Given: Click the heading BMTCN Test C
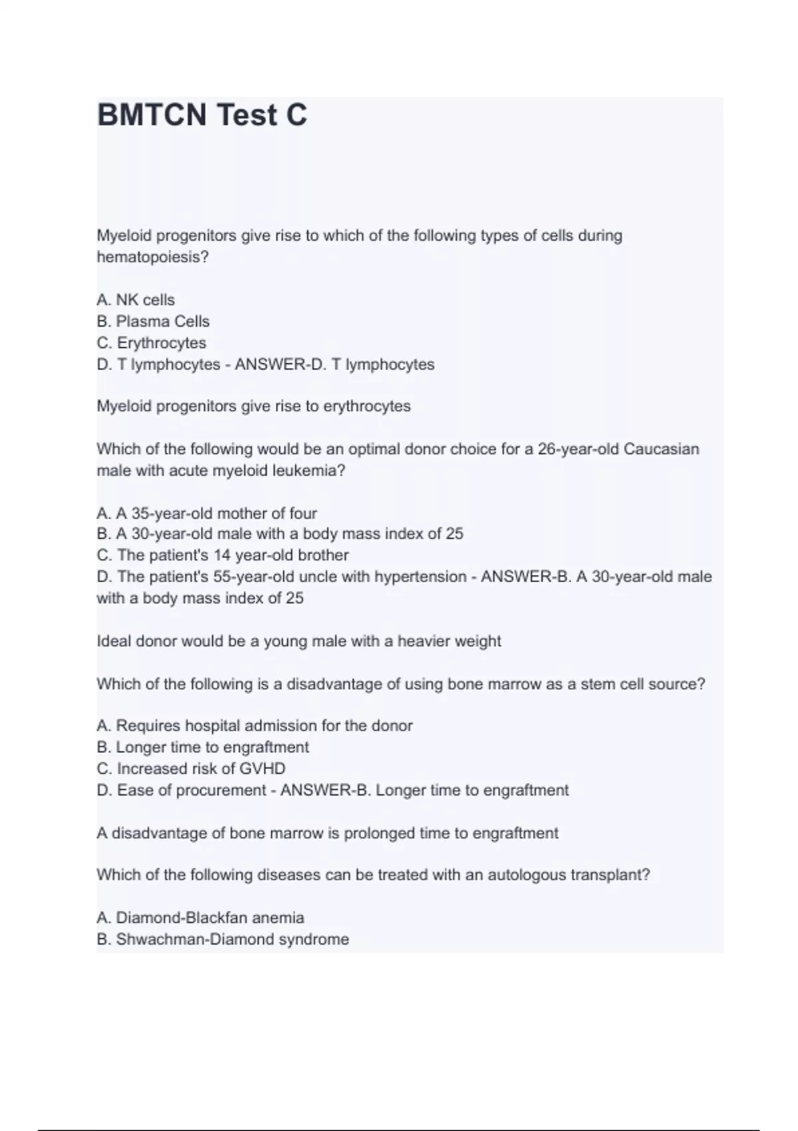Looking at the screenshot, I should [x=202, y=115].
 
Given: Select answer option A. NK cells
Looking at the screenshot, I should [x=136, y=300].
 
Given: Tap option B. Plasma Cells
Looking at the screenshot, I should [x=153, y=321].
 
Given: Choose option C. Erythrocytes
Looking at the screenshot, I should [x=152, y=343].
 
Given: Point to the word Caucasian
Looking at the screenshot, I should [x=661, y=449].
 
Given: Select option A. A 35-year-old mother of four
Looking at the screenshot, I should [x=207, y=514].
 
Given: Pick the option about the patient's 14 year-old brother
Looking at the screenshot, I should [x=223, y=555].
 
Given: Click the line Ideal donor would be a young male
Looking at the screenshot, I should [x=299, y=641].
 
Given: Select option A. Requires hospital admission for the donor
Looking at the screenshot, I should [x=255, y=726].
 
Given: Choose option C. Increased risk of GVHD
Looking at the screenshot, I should [x=191, y=768].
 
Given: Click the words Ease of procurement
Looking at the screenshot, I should [x=192, y=790].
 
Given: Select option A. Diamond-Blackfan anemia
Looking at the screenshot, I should [x=200, y=918].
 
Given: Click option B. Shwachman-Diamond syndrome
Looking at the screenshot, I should [x=223, y=939].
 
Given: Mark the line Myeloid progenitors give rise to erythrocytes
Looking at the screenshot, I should [x=253, y=406].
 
